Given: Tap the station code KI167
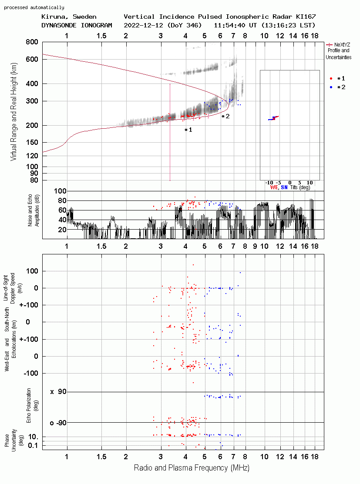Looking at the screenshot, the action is [x=306, y=17].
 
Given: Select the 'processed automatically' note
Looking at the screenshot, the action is [x=34, y=7].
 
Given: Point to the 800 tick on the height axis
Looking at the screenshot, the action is [x=32, y=42].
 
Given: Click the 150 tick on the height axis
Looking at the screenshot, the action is [x=32, y=142].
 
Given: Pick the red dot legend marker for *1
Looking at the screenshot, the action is [x=331, y=78].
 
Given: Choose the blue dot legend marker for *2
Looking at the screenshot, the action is [x=331, y=87].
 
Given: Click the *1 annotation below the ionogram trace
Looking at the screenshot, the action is [x=188, y=130].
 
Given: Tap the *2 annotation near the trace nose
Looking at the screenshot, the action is [x=225, y=117].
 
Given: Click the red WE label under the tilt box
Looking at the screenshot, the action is [x=274, y=187].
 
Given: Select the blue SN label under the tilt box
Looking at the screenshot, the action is [x=284, y=187].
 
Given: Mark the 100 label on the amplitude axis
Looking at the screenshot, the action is [x=60, y=191].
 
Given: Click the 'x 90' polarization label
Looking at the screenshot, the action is [x=58, y=392].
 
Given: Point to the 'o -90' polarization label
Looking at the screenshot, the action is [x=58, y=423].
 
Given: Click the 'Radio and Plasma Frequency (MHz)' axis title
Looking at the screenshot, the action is [x=192, y=468].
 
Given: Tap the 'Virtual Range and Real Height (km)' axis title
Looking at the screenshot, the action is [x=13, y=112].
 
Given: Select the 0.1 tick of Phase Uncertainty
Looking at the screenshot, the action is [x=33, y=445].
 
